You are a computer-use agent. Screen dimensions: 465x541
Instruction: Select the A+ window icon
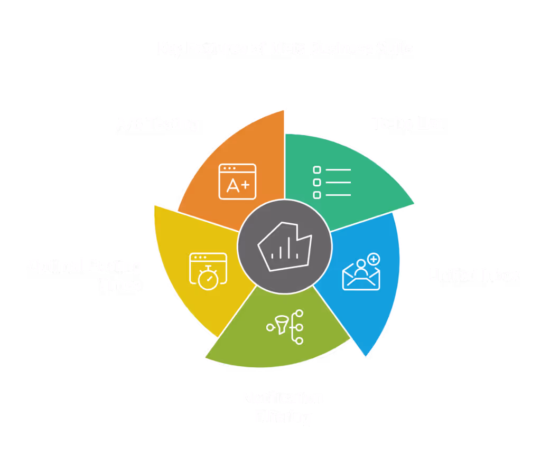coord(237,182)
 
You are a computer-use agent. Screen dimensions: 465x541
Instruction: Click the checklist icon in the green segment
coord(332,182)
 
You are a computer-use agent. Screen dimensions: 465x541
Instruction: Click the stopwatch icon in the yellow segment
coord(208,271)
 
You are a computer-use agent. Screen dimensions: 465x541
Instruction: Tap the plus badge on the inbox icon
coord(374,259)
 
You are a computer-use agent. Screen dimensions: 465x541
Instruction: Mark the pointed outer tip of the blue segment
coord(366,357)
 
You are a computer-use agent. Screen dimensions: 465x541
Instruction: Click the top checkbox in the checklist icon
coord(317,170)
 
